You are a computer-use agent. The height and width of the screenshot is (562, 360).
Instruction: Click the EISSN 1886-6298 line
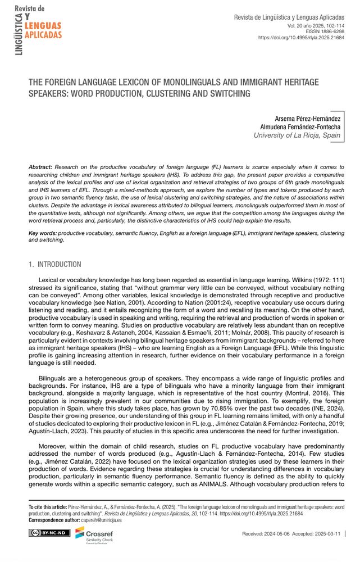325,31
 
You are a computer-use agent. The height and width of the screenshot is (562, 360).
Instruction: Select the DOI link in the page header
301,38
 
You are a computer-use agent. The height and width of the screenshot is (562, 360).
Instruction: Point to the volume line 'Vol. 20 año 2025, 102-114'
316,26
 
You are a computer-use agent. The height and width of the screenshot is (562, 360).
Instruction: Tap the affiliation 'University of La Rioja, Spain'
297,135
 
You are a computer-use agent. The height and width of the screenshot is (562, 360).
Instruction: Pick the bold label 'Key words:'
42,233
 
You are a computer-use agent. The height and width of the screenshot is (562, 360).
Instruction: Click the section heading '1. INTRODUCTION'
55,264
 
